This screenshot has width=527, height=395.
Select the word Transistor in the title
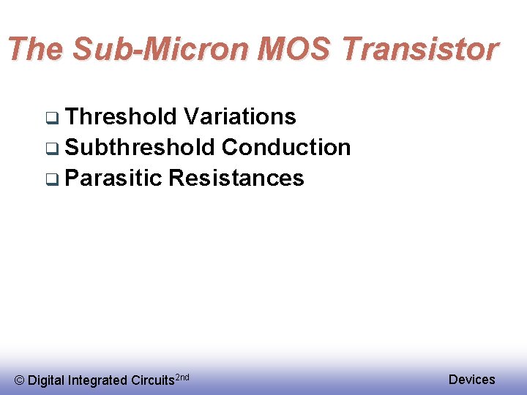[x=420, y=49]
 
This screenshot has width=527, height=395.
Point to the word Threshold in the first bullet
[x=122, y=116]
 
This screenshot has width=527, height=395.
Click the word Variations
[x=240, y=116]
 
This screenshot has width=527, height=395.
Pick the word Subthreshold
[x=140, y=147]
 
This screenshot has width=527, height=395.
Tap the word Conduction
[x=286, y=147]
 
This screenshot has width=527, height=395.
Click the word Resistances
[x=236, y=178]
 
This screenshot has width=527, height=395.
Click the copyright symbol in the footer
[x=20, y=380]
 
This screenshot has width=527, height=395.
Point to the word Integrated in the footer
[x=97, y=380]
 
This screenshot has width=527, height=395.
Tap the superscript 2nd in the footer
[x=183, y=377]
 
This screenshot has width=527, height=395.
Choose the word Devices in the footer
[x=471, y=379]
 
